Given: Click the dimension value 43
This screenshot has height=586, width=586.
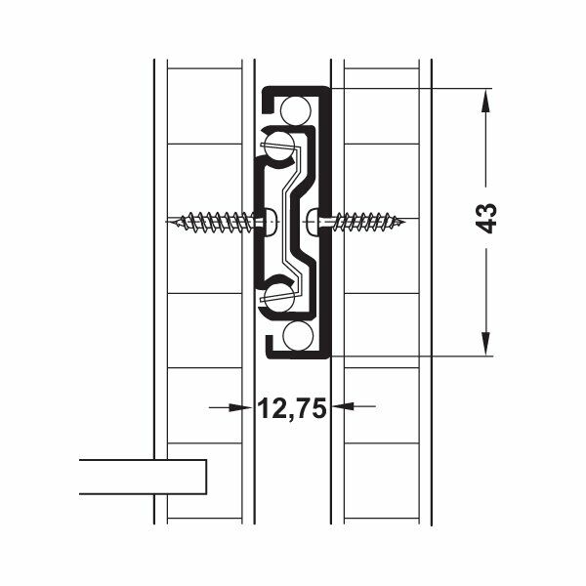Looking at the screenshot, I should (488, 217).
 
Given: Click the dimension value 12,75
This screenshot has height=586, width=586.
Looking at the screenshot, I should (291, 408).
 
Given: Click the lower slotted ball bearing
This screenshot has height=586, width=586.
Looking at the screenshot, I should (280, 296).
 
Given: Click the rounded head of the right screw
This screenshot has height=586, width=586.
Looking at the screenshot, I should (311, 222).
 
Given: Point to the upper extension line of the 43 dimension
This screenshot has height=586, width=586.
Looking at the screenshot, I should (410, 88).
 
